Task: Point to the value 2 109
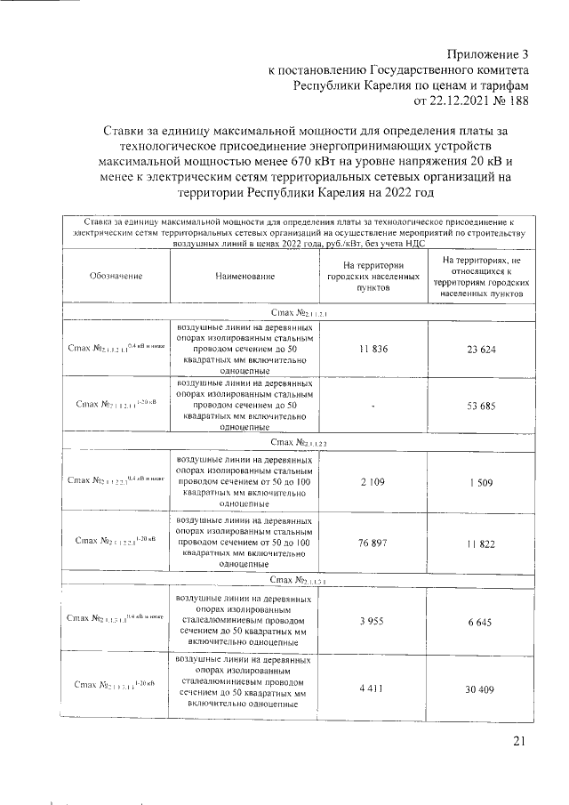(373, 480)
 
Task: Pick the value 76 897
(373, 541)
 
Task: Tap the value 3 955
(373, 621)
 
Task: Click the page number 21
(520, 742)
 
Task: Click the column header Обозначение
(116, 277)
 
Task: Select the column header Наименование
(244, 277)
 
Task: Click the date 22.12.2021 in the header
(448, 101)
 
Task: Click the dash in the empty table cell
(373, 405)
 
